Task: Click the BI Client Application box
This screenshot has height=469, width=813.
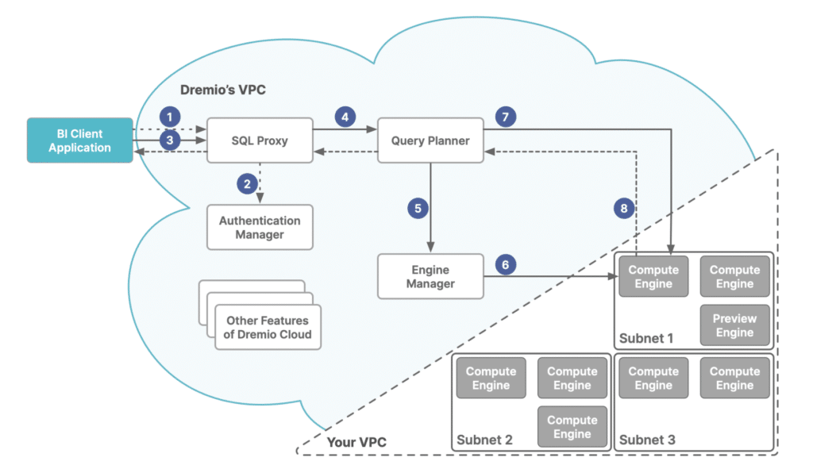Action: (79, 140)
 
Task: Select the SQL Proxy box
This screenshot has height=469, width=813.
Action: (260, 140)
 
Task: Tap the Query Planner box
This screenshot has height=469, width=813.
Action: (430, 140)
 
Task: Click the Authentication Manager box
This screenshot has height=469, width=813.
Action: (260, 228)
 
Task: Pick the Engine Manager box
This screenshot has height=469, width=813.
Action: (430, 276)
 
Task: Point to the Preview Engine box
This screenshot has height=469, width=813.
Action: (734, 325)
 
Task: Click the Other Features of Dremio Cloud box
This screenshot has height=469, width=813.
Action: (268, 327)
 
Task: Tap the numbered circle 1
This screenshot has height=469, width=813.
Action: (168, 115)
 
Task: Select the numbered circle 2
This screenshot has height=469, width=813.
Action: (248, 184)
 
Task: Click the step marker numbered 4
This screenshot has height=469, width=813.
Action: (344, 117)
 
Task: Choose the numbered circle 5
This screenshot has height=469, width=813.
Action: (418, 209)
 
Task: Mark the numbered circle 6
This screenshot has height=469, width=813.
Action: (506, 265)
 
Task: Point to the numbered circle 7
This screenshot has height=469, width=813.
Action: (506, 117)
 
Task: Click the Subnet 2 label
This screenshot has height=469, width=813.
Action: (484, 439)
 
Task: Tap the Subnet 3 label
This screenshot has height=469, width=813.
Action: (646, 439)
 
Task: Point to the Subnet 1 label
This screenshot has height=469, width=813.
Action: (646, 338)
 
